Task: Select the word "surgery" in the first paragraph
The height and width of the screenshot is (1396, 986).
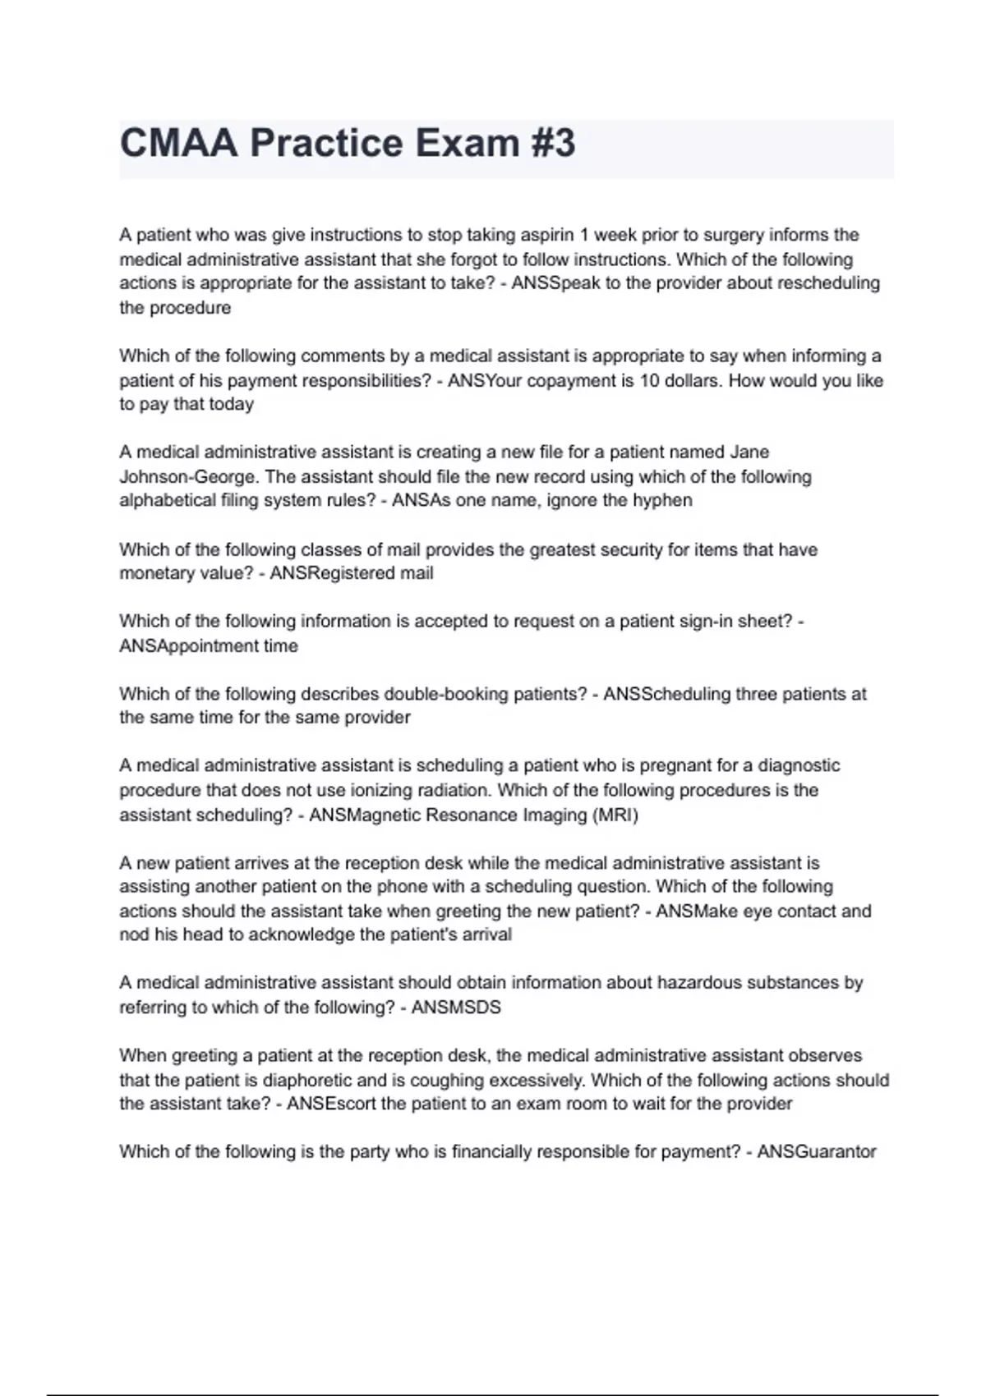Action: [x=733, y=235]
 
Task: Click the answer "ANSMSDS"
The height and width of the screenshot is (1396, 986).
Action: [x=456, y=1007]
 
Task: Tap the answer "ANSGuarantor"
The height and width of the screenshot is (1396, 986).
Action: [x=817, y=1151]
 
